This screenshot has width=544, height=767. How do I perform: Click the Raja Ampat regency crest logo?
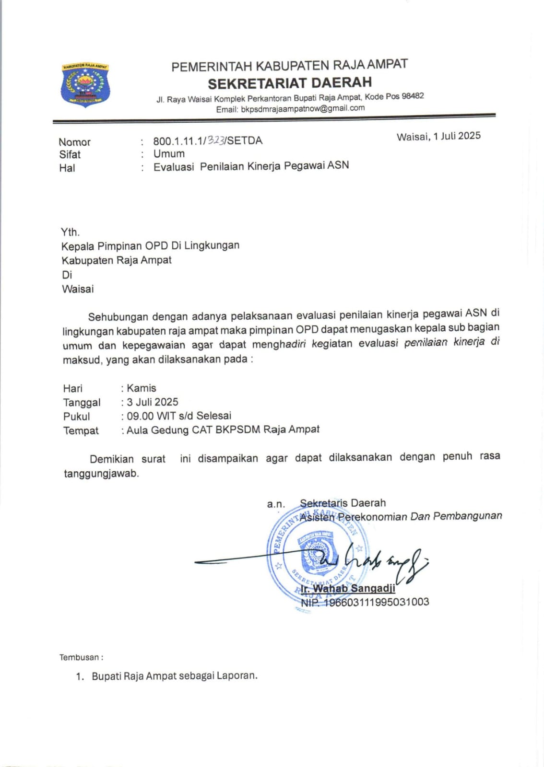(85, 85)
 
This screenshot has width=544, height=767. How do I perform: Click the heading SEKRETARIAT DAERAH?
(289, 83)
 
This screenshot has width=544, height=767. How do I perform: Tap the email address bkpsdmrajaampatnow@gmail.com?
(303, 108)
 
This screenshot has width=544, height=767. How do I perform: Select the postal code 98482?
(413, 96)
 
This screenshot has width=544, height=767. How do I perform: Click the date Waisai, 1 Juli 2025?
(438, 136)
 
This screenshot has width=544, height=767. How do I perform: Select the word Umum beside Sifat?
(169, 154)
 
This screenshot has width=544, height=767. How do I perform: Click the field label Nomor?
(74, 142)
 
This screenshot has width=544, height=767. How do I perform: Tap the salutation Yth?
(70, 232)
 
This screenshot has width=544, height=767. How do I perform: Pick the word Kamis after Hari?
(142, 388)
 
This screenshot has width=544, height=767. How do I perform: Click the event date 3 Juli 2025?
(153, 402)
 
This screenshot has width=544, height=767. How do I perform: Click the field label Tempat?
(81, 430)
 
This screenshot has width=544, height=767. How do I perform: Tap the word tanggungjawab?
(101, 474)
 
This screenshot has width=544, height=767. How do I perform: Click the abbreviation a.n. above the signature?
(276, 504)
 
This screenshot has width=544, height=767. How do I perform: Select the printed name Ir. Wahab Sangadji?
(348, 588)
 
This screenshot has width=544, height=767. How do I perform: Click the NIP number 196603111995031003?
(377, 602)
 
